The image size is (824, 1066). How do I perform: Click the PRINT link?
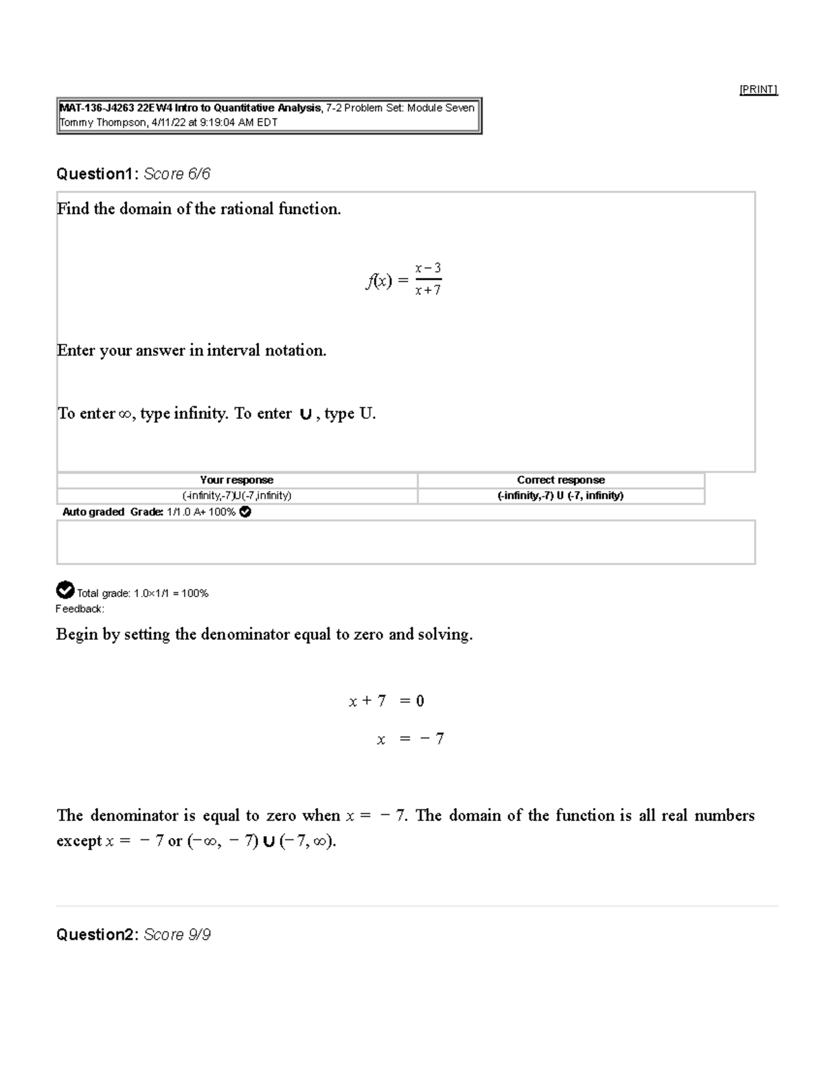tap(758, 89)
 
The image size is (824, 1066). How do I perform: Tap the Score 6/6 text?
tap(176, 174)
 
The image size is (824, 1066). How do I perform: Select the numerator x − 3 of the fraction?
tap(428, 268)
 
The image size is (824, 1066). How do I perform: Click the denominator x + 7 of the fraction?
tap(428, 290)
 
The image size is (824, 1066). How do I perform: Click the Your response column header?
tap(236, 480)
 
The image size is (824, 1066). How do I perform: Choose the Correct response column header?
tap(560, 480)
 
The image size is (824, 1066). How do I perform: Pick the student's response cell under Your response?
tap(236, 496)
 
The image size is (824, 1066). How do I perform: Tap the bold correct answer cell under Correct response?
tap(560, 496)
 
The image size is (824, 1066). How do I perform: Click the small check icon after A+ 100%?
tap(245, 512)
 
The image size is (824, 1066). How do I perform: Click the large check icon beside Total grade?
tap(65, 590)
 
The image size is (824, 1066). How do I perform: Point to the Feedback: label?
tap(80, 609)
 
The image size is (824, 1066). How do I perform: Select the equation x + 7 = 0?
tap(387, 701)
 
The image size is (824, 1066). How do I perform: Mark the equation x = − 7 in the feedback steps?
tap(410, 739)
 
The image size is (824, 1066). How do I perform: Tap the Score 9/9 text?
tap(176, 935)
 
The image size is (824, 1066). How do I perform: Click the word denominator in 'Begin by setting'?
tap(244, 634)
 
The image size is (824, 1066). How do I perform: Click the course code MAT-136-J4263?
tap(97, 108)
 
